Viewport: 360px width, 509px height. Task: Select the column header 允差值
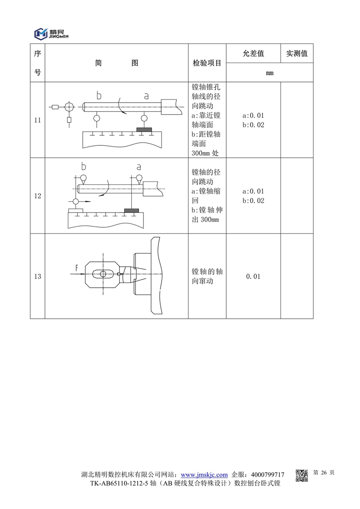(253, 54)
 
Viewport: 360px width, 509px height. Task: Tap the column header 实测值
(297, 54)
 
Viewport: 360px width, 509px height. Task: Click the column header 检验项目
(207, 63)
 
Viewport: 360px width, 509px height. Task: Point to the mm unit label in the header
(270, 72)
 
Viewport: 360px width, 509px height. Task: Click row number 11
(37, 120)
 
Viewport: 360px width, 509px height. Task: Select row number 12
(37, 196)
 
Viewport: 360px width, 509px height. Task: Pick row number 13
(37, 276)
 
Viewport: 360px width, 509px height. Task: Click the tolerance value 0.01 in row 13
(253, 276)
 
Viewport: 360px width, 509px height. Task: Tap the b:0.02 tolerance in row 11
(253, 125)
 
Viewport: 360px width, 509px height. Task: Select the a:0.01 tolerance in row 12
(253, 191)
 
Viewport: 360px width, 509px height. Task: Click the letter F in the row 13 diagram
(77, 268)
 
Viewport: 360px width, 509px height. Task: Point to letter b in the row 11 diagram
(99, 95)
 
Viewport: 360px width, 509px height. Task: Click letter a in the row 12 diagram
(139, 167)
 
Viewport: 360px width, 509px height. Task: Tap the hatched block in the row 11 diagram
(144, 130)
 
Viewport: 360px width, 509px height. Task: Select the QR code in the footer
(301, 475)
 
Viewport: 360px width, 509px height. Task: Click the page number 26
(323, 473)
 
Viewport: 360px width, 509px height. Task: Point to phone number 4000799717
(268, 474)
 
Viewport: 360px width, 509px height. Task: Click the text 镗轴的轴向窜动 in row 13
(207, 276)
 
